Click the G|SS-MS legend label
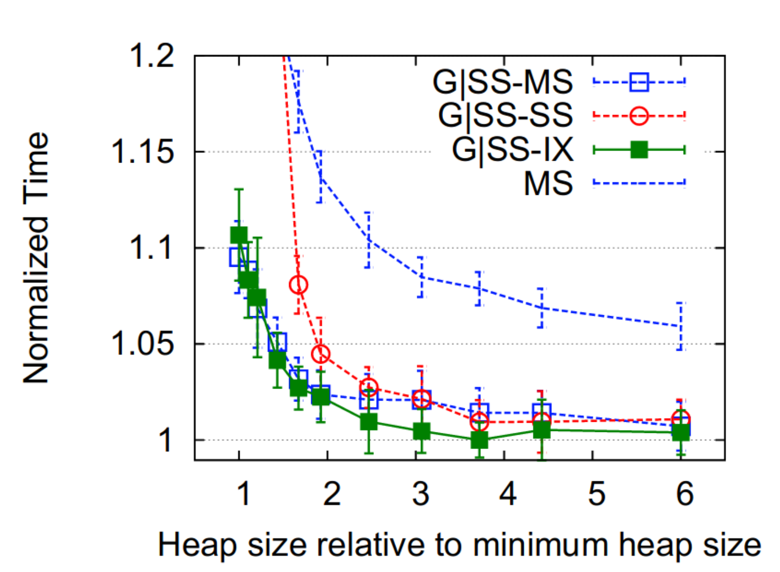pos(502,82)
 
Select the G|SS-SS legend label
pos(505,115)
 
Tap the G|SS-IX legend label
pos(512,149)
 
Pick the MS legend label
pos(548,183)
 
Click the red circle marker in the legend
pos(639,116)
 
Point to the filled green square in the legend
pos(639,150)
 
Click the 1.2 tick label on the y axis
pos(152,56)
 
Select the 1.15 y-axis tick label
pos(142,151)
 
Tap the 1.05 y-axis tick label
pos(142,344)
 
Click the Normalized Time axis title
pos(36,258)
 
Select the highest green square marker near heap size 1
pos(239,235)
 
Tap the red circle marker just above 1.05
pos(320,353)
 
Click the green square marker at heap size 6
pos(681,433)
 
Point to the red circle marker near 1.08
pos(299,285)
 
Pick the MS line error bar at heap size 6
pos(680,326)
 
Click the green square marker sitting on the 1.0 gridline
pos(479,440)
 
